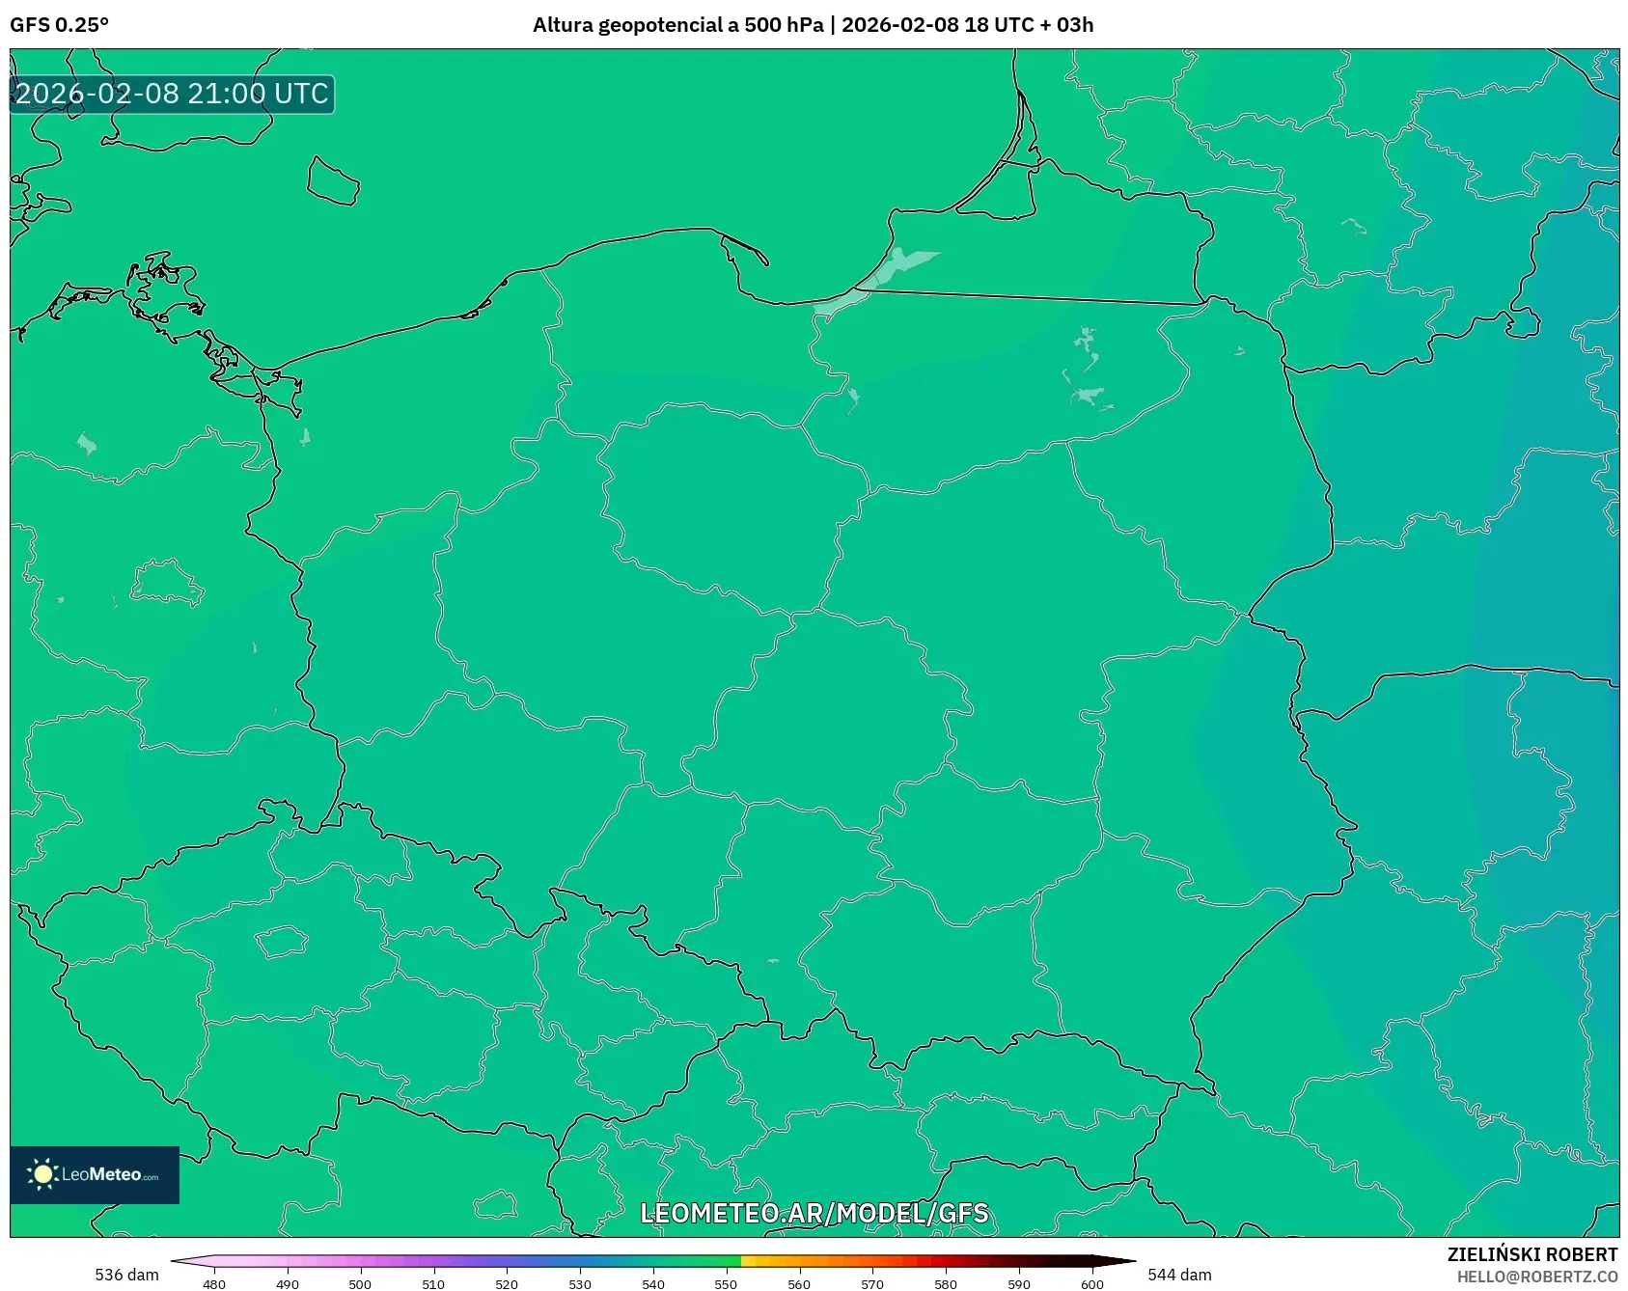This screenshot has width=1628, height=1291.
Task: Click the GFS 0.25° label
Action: pos(59,25)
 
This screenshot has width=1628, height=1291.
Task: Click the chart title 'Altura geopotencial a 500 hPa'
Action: pos(677,25)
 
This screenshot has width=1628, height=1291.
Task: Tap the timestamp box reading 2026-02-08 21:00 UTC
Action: pos(172,94)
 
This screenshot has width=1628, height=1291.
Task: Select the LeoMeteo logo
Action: pos(95,1174)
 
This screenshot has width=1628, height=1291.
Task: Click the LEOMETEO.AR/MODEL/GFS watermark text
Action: pos(814,1213)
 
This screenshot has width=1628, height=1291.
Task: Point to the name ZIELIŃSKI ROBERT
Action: pos(1531,1254)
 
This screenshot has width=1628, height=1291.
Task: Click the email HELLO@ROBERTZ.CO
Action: pos(1536,1277)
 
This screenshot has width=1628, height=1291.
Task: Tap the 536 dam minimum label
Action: pos(126,1275)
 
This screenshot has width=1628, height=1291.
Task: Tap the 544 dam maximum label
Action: pos(1179,1275)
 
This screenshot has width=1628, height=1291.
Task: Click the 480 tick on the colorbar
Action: pos(214,1283)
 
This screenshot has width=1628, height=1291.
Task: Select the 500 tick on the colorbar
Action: pos(360,1283)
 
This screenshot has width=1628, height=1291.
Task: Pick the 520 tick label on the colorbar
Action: pos(507,1283)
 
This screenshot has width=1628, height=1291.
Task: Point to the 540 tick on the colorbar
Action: pos(653,1283)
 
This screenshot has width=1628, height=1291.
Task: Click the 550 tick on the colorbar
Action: pos(726,1283)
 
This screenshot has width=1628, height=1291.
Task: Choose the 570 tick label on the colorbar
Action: pos(872,1283)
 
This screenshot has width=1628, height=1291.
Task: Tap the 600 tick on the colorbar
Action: pos(1092,1283)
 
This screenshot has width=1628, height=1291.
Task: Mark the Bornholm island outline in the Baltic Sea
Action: pos(333,181)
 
